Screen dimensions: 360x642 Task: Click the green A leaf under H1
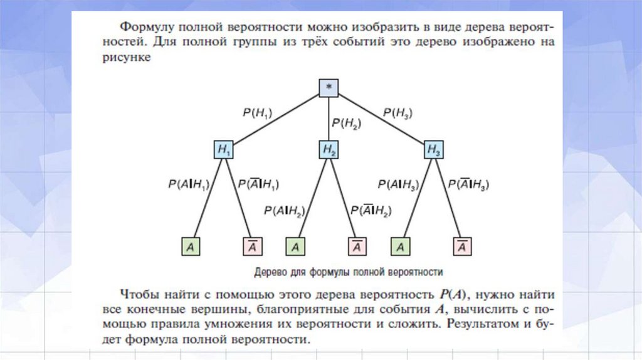point(191,246)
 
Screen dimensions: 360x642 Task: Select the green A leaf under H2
point(295,246)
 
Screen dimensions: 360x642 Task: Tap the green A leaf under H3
point(400,246)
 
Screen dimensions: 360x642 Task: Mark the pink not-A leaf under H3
point(462,246)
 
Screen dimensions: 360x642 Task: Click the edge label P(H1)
point(258,113)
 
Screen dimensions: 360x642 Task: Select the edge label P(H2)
point(347,124)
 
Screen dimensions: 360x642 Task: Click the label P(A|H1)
point(188,184)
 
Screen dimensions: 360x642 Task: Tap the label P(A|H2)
point(284,211)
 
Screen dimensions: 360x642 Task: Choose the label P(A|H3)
point(397,184)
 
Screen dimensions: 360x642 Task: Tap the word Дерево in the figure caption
point(270,272)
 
